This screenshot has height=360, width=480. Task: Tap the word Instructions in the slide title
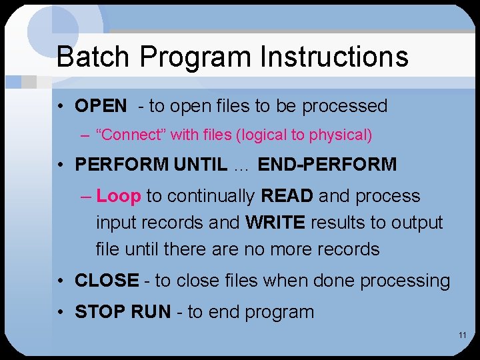click(x=334, y=57)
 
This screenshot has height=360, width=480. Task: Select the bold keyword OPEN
click(x=101, y=106)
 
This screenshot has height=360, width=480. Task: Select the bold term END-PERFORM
click(x=327, y=165)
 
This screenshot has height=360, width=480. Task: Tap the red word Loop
click(x=119, y=196)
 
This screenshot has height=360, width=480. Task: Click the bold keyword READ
click(x=287, y=196)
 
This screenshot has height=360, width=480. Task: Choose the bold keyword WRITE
click(x=273, y=223)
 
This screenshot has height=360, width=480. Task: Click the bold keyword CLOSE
click(x=107, y=281)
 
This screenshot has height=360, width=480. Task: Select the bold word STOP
click(x=97, y=312)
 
